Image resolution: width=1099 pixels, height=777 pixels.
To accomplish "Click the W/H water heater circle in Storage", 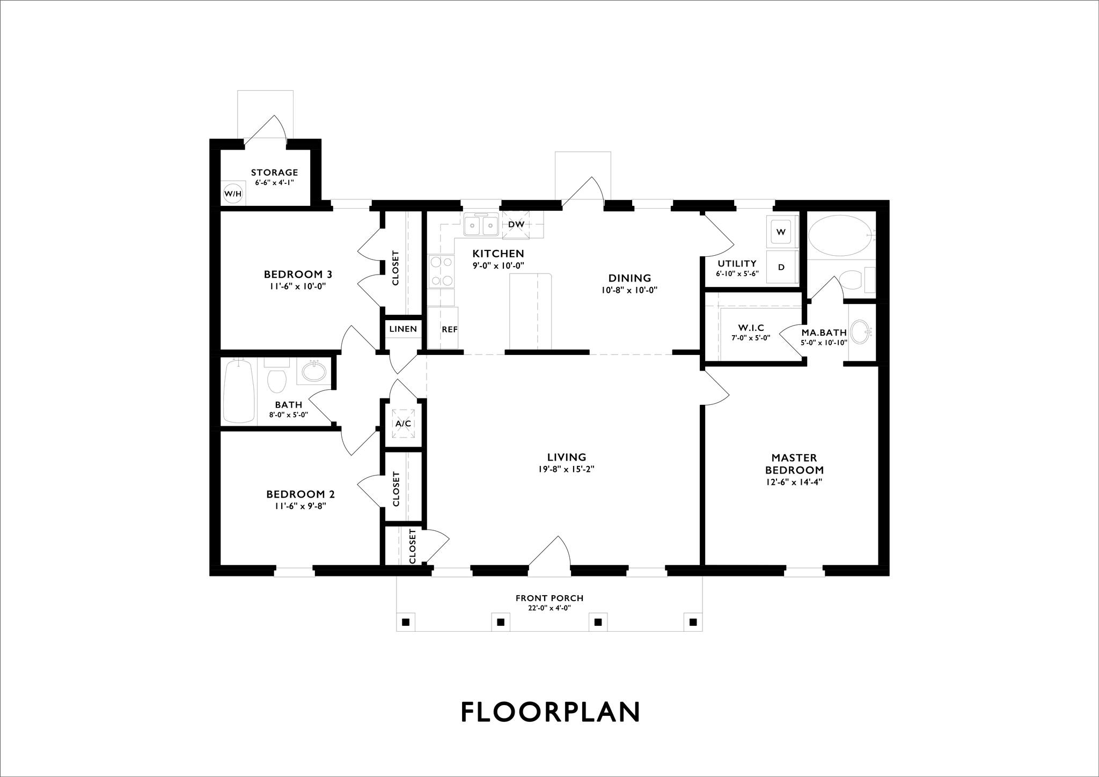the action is pos(232,193).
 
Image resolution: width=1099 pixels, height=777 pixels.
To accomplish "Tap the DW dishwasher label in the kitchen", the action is pos(516,224).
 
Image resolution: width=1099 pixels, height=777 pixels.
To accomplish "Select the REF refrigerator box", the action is pos(443,328).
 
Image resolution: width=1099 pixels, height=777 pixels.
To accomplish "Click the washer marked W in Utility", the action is pos(781,232).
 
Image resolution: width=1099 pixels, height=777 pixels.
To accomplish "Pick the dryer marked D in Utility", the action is pos(781,267).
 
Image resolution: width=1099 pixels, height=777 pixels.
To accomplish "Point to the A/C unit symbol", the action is pos(404,424).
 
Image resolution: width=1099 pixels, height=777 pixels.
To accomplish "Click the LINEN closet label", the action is pos(403,329).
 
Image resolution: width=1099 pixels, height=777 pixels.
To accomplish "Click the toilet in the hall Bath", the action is pos(277,378).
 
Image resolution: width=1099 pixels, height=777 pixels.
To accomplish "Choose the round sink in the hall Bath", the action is pos(313,371).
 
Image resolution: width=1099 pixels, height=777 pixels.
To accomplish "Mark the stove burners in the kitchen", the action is pos(441,271).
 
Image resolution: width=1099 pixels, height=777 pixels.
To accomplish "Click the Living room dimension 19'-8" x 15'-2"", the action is pos(567,469).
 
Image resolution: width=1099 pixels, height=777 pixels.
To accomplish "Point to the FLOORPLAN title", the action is pos(551,712).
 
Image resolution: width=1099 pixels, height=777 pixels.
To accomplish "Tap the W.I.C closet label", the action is pos(751,328).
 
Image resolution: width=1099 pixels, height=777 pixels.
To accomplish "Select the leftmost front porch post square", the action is pos(406,622).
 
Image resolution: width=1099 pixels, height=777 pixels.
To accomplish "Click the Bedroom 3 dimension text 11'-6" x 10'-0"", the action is pos(298,286).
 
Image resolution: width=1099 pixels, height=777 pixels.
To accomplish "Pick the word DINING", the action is pos(629,278).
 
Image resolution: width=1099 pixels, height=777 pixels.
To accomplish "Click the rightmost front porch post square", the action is pos(693,622).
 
